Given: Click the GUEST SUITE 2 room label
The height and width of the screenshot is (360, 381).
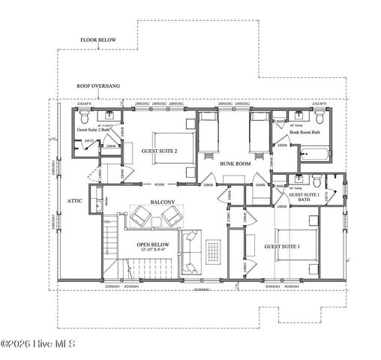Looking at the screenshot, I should (159, 151).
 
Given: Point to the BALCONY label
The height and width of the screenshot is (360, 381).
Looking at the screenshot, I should (163, 202).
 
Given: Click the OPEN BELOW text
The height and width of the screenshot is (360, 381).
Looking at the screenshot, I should (151, 244).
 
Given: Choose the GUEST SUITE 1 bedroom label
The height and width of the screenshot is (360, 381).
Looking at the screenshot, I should (281, 245).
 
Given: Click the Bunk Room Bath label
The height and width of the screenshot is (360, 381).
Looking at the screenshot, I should (305, 132).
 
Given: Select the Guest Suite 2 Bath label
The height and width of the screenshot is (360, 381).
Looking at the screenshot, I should (95, 129).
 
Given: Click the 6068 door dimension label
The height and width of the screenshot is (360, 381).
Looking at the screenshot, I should (160, 184).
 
